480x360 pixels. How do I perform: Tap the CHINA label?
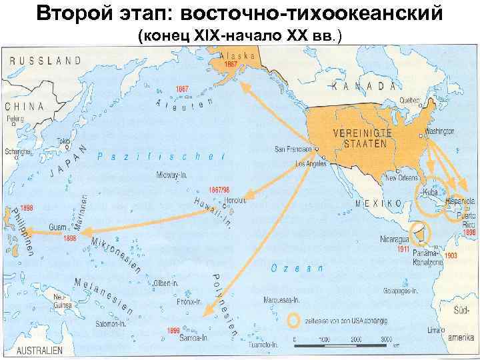25,106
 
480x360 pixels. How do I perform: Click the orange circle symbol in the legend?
292,320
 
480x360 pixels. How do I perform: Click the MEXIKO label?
378,203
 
